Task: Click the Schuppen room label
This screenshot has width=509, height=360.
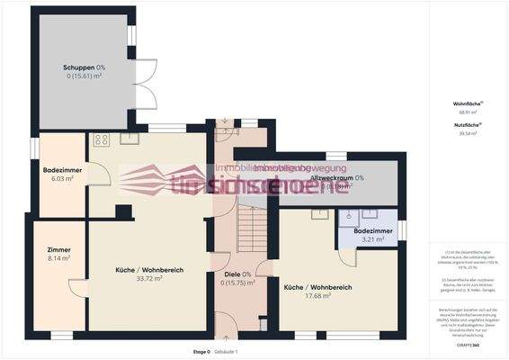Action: click(84, 67)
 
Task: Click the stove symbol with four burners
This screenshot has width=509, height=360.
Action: click(100, 139)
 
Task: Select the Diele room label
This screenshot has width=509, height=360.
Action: click(237, 274)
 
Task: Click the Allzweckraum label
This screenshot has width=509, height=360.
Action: click(335, 178)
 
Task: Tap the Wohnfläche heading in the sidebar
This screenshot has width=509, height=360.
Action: click(466, 103)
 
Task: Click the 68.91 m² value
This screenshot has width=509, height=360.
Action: click(466, 112)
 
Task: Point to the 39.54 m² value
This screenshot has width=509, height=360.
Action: click(466, 132)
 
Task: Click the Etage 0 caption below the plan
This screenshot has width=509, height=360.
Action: click(201, 350)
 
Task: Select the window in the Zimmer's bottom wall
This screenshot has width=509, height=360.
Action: click(60, 336)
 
